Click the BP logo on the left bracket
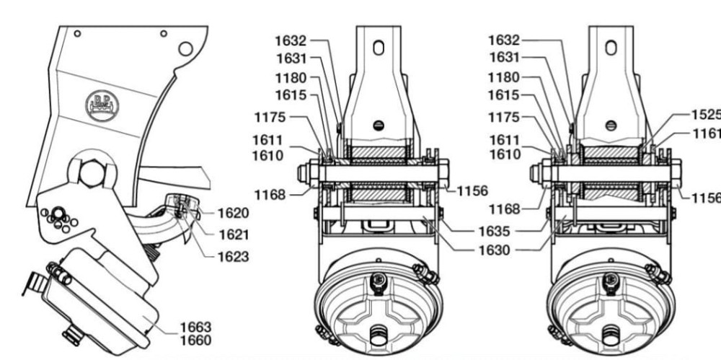pos(102,106)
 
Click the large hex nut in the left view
pos(92,174)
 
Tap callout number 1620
pos(233,213)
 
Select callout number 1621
pos(234,234)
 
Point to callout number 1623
pos(233,256)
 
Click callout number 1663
pos(195,328)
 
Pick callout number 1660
pos(195,341)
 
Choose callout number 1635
pos(494,231)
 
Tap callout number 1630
pos(494,250)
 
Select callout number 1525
pos(707,115)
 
